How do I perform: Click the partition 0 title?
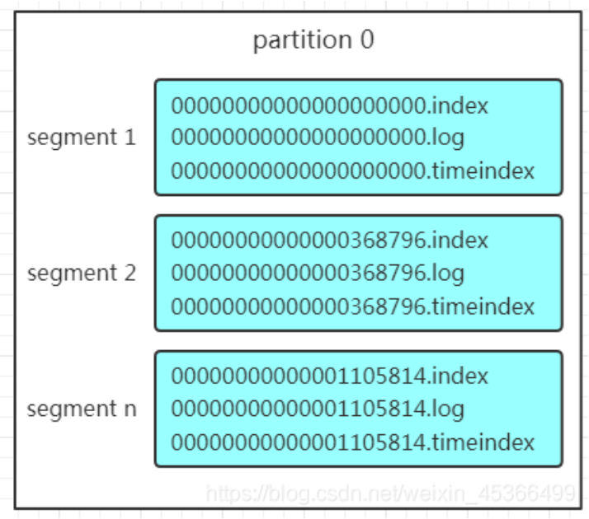tap(313, 40)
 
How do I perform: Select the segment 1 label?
tap(82, 138)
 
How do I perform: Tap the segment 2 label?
tap(82, 274)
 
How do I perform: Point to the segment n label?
tap(82, 409)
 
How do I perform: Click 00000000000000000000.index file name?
tap(329, 105)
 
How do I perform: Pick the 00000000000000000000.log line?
tap(318, 138)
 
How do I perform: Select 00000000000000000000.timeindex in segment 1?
tap(352, 171)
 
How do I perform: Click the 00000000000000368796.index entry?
tap(329, 240)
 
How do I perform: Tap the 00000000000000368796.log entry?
tap(318, 273)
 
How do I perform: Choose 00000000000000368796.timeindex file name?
tap(352, 306)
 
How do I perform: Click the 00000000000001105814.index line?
tap(329, 376)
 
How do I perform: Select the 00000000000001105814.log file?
tap(318, 409)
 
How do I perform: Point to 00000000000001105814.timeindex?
tap(352, 442)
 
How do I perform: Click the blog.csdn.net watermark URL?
tap(391, 493)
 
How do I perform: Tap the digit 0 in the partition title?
tap(367, 39)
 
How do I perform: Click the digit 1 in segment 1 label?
tap(130, 137)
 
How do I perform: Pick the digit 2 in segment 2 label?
tap(130, 273)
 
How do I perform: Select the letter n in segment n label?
tap(130, 409)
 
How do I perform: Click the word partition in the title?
tap(303, 40)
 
